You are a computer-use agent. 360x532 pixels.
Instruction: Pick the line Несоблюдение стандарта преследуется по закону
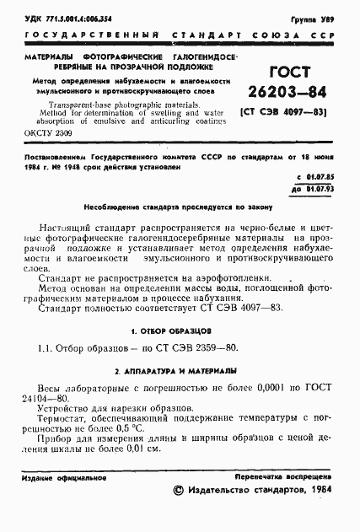pyautogui.click(x=179, y=206)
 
